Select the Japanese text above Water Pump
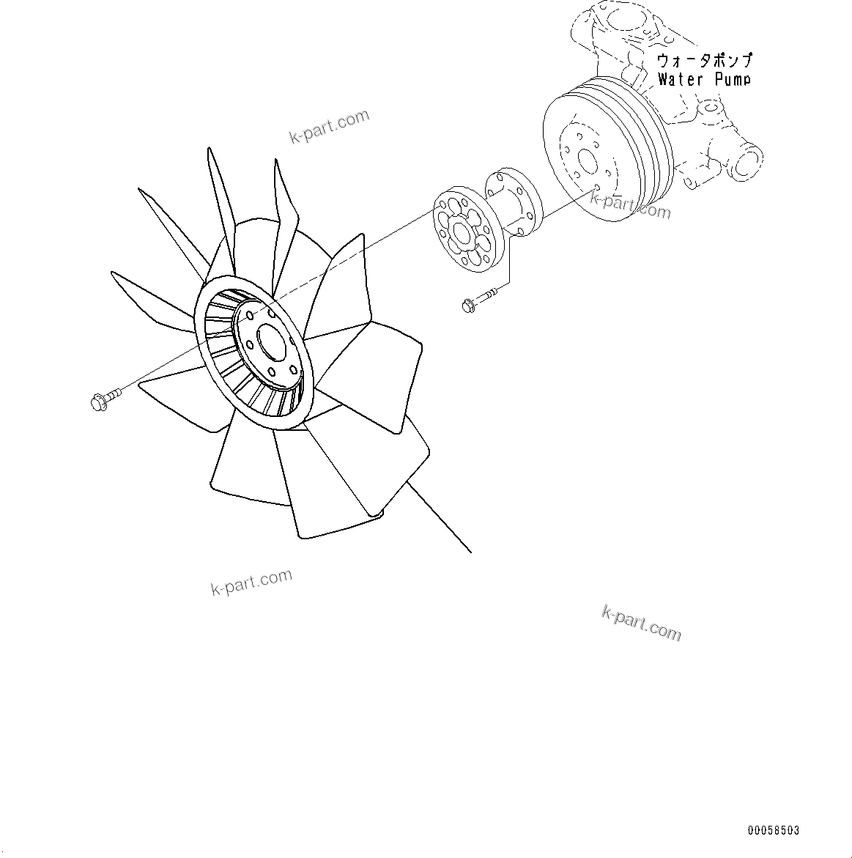703,60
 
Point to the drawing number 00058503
773,831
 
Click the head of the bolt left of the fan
98,402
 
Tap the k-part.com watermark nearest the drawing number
641,622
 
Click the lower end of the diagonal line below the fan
470,551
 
